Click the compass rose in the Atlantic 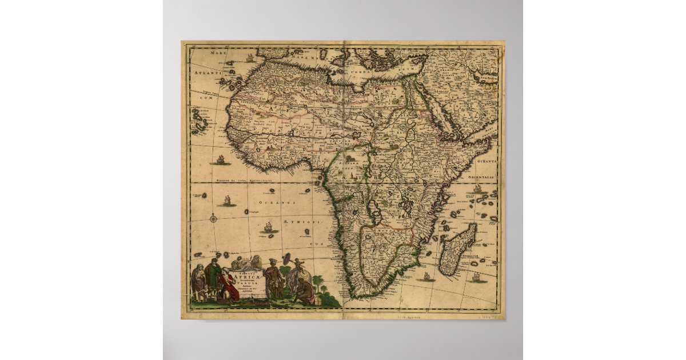[x=213, y=218]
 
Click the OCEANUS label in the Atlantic [x=276, y=203]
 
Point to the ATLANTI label [x=205, y=74]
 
